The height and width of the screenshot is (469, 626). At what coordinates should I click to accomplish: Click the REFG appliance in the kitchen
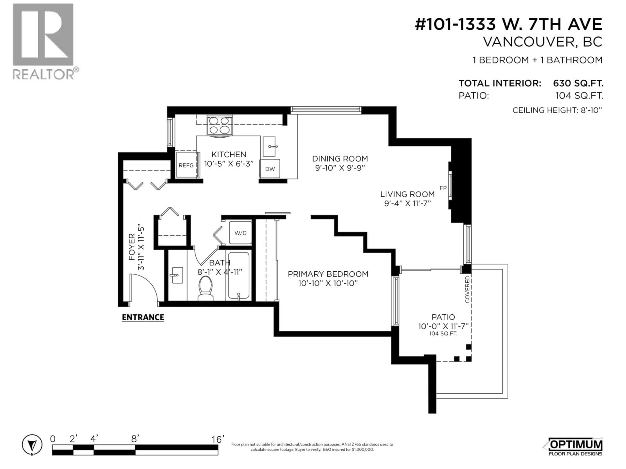click(186, 165)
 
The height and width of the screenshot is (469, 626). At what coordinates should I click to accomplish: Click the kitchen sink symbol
click(269, 146)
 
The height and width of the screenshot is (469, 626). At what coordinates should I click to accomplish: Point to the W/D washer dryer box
click(240, 233)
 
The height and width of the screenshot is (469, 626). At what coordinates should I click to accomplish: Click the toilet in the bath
click(205, 288)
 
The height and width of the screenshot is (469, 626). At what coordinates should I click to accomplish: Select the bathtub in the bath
click(238, 276)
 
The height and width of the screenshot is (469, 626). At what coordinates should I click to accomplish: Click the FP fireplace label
click(443, 188)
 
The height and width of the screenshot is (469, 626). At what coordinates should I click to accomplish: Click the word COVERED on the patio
click(467, 289)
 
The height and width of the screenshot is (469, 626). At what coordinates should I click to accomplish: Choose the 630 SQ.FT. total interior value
click(578, 83)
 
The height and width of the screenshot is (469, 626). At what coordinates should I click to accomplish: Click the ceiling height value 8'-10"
click(591, 110)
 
